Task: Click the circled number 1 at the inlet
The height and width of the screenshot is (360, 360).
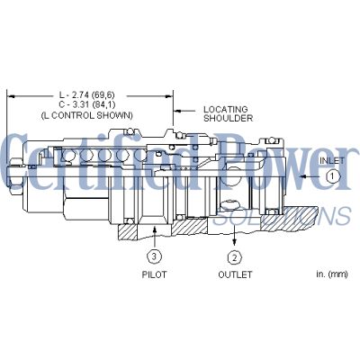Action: pos(332,176)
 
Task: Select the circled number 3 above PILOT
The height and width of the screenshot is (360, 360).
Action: pos(154,256)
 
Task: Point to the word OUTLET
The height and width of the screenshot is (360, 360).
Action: pos(235,274)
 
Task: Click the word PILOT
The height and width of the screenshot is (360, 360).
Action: pos(154,274)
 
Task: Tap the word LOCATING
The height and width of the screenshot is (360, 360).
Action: pos(226,109)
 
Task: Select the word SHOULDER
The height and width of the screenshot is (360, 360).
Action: pos(228,118)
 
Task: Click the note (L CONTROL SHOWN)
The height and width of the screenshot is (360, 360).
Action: pos(86,115)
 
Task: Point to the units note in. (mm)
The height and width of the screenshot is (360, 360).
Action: pos(332,274)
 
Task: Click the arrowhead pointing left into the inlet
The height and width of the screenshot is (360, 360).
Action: pos(304,176)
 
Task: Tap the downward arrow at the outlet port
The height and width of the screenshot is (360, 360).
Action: pos(235,238)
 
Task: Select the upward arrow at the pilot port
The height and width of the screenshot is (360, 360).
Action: pos(155,237)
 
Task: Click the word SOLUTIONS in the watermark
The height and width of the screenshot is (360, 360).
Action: pos(282,217)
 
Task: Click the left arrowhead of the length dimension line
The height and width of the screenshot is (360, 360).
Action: pos(11,96)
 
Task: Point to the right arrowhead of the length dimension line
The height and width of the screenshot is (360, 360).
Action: pos(169,96)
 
